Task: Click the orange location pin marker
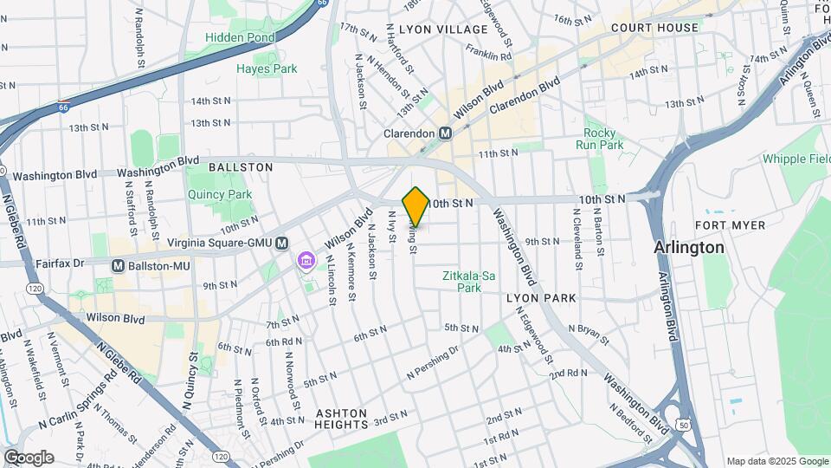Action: pyautogui.click(x=415, y=206)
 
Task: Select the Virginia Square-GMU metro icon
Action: pyautogui.click(x=281, y=244)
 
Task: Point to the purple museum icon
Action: pyautogui.click(x=305, y=260)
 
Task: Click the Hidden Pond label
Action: pyautogui.click(x=241, y=37)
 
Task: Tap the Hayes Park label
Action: pyautogui.click(x=267, y=68)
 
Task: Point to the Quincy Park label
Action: pyautogui.click(x=219, y=195)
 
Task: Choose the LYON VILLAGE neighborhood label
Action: pyautogui.click(x=443, y=29)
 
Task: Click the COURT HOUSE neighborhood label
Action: pyautogui.click(x=654, y=28)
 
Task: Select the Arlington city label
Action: pyautogui.click(x=689, y=247)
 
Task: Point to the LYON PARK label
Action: pyautogui.click(x=541, y=298)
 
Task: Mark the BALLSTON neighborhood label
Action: pyautogui.click(x=241, y=166)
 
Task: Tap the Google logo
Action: pyautogui.click(x=29, y=458)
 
